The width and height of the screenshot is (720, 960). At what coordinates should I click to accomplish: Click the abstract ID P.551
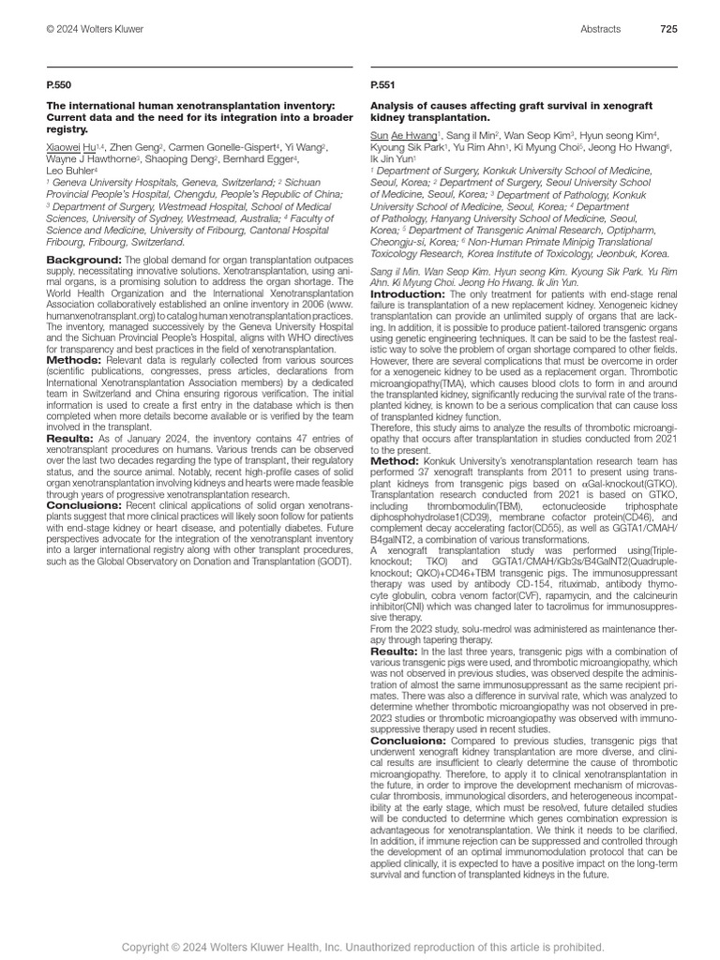(x=382, y=84)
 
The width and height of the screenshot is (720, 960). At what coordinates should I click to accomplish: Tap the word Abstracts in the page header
(x=601, y=29)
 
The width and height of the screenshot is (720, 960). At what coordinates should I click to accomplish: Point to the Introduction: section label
(x=408, y=293)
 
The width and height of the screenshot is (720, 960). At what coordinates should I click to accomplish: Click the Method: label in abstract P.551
(x=395, y=460)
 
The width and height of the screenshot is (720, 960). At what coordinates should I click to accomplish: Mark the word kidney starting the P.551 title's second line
(x=388, y=118)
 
